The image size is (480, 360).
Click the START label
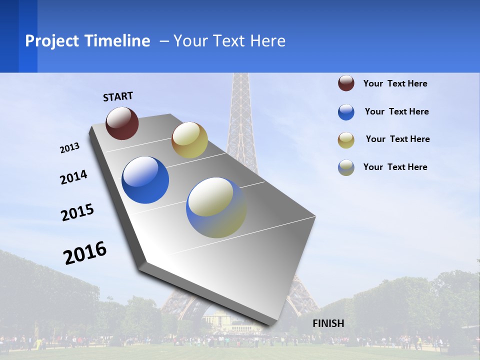(x=118, y=96)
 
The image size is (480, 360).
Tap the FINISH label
(x=328, y=323)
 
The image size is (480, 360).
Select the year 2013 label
(x=70, y=148)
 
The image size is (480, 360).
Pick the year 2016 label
(x=85, y=252)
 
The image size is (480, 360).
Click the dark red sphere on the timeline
(x=122, y=123)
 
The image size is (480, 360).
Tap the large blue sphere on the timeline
(x=145, y=180)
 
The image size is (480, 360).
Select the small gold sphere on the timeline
(x=189, y=140)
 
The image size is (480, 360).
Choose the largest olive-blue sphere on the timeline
(x=216, y=207)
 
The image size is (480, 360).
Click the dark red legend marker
(x=346, y=83)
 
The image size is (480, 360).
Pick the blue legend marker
(x=346, y=112)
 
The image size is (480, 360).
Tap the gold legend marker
(x=346, y=140)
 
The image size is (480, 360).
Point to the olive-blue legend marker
(x=346, y=167)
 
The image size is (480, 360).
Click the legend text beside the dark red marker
(x=395, y=84)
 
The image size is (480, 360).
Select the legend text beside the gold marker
(x=397, y=139)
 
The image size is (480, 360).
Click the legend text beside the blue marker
(x=396, y=111)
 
